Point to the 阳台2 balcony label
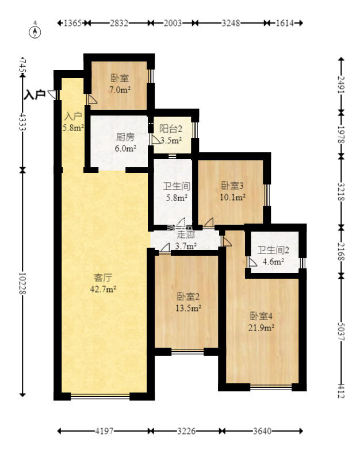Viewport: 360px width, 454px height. coord(171,129)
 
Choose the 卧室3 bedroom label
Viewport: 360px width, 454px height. coord(233,186)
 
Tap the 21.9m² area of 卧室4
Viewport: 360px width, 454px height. coord(261,327)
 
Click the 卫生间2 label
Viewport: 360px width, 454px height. coord(273,250)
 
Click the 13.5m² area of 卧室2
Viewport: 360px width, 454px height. coord(188,308)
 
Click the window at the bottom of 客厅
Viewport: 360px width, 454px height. coord(100,396)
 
